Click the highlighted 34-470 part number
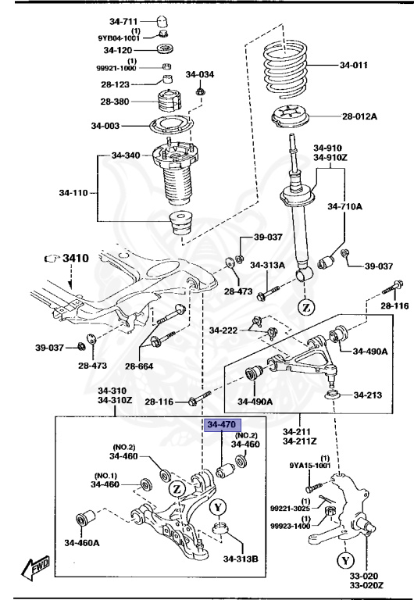[x=219, y=425]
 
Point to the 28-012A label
[x=359, y=117]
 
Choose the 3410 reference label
[x=76, y=257]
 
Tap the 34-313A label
[x=267, y=265]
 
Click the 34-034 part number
[x=199, y=75]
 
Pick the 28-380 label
[x=114, y=102]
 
